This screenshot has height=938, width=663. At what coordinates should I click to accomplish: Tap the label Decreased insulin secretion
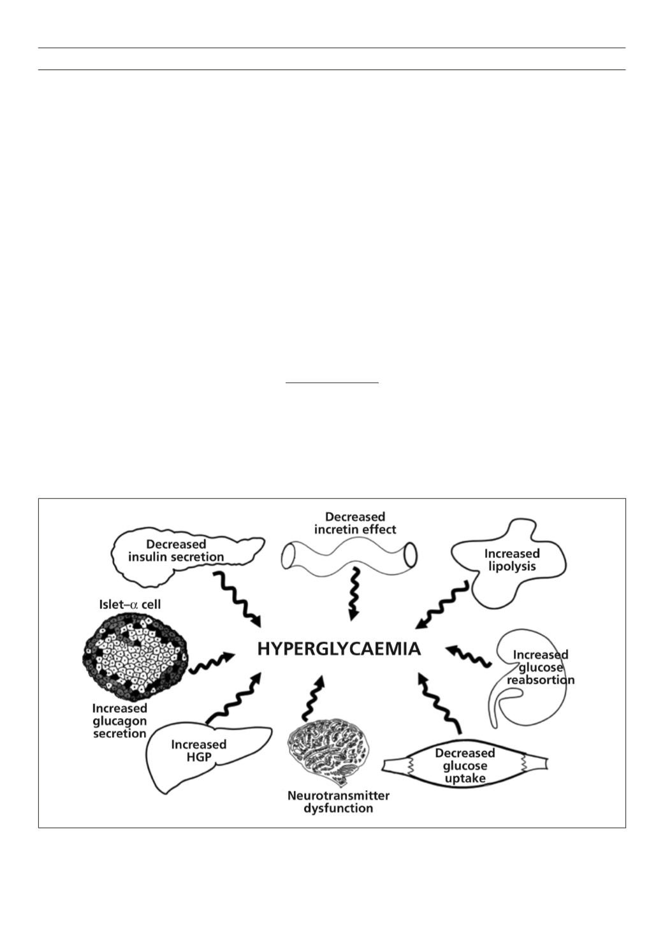click(176, 551)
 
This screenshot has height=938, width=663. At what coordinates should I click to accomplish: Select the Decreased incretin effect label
click(355, 524)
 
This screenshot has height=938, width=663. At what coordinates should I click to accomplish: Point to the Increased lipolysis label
click(512, 560)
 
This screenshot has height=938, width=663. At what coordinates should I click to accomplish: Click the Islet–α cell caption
click(130, 605)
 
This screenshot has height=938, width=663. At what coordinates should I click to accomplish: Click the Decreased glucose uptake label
click(465, 766)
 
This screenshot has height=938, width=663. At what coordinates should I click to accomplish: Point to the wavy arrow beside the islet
click(212, 663)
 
